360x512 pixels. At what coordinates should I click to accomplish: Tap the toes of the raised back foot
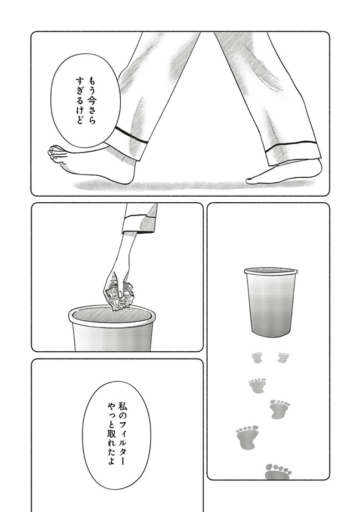(55, 154)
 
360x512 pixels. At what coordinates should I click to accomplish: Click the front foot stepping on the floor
(284, 172)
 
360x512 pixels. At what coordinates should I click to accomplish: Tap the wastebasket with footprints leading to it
(270, 303)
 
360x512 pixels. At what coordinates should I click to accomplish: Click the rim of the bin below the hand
(112, 315)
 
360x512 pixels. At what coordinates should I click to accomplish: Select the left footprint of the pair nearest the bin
(257, 357)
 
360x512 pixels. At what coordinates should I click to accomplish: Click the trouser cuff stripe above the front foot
(291, 144)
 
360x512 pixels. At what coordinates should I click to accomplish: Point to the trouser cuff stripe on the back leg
(131, 136)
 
